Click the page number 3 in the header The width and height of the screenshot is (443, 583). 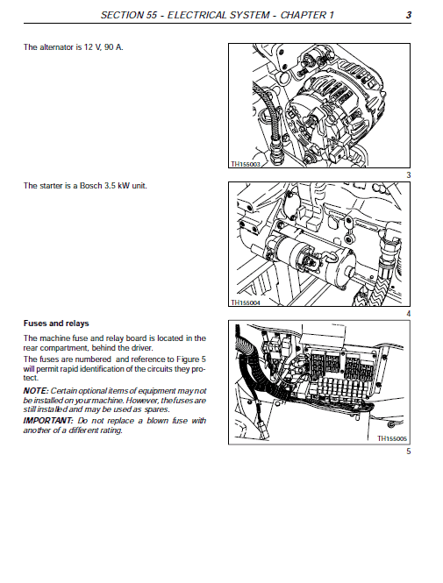point(410,16)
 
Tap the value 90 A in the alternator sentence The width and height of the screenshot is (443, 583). point(111,46)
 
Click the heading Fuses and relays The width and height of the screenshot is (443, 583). point(56,323)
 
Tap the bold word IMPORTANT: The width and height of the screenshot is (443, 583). point(48,421)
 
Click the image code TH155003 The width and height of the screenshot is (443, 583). point(247,164)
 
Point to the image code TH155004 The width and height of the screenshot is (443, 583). point(247,302)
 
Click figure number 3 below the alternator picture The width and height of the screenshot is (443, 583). point(409,176)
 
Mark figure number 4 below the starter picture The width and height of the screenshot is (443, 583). point(409,314)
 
